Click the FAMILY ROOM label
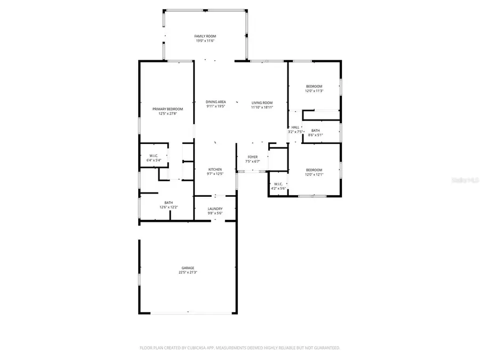tap(205, 36)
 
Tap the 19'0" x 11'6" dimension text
tap(205, 41)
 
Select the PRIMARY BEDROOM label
tap(167, 109)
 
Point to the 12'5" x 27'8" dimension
tap(167, 114)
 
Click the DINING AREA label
tap(216, 102)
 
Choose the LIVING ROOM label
tap(262, 102)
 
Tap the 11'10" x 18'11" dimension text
tap(262, 107)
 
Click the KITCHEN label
tap(214, 170)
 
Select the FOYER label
tap(252, 157)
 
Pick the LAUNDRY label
tap(215, 209)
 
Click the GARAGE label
tap(188, 268)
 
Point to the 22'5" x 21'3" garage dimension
tap(188, 273)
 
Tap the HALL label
tap(295, 127)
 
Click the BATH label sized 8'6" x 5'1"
tap(316, 131)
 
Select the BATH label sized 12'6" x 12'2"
tap(169, 202)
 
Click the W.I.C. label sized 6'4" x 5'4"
tap(154, 156)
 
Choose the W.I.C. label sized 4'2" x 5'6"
tap(278, 184)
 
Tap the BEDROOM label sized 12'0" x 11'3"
tap(314, 86)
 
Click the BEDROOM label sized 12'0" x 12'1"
tap(314, 170)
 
